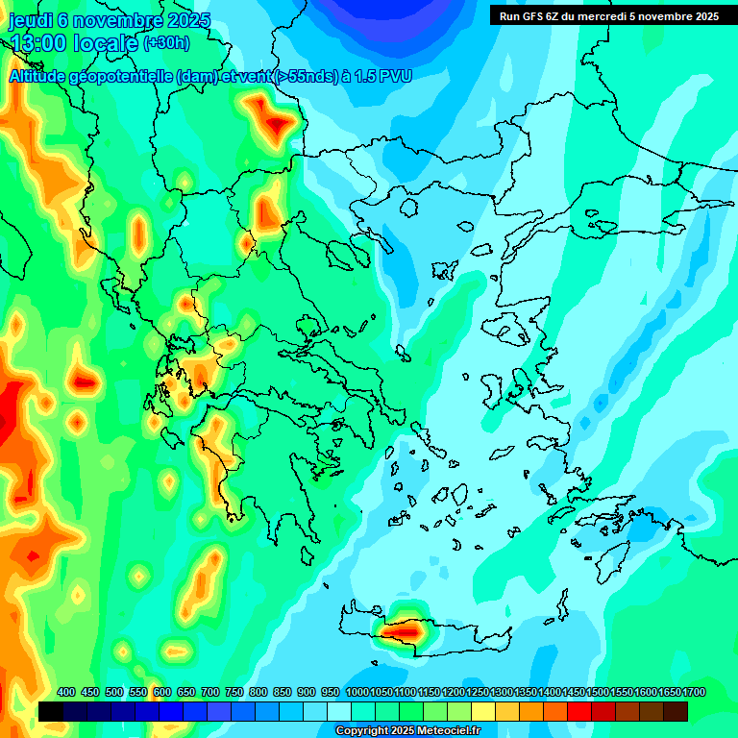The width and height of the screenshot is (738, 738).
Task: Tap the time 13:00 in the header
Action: pos(39,43)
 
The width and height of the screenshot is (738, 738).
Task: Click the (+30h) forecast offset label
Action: pos(167,43)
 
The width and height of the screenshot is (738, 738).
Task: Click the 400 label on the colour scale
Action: pos(66,692)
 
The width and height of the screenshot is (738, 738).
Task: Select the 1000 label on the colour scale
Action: pos(357,692)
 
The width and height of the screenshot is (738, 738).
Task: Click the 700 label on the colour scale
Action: pos(211,692)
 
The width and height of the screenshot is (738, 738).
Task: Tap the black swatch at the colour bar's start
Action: pos(51,711)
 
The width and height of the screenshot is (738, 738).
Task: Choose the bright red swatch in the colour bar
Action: pos(579,711)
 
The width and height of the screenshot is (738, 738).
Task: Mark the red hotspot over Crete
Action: pos(407,631)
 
